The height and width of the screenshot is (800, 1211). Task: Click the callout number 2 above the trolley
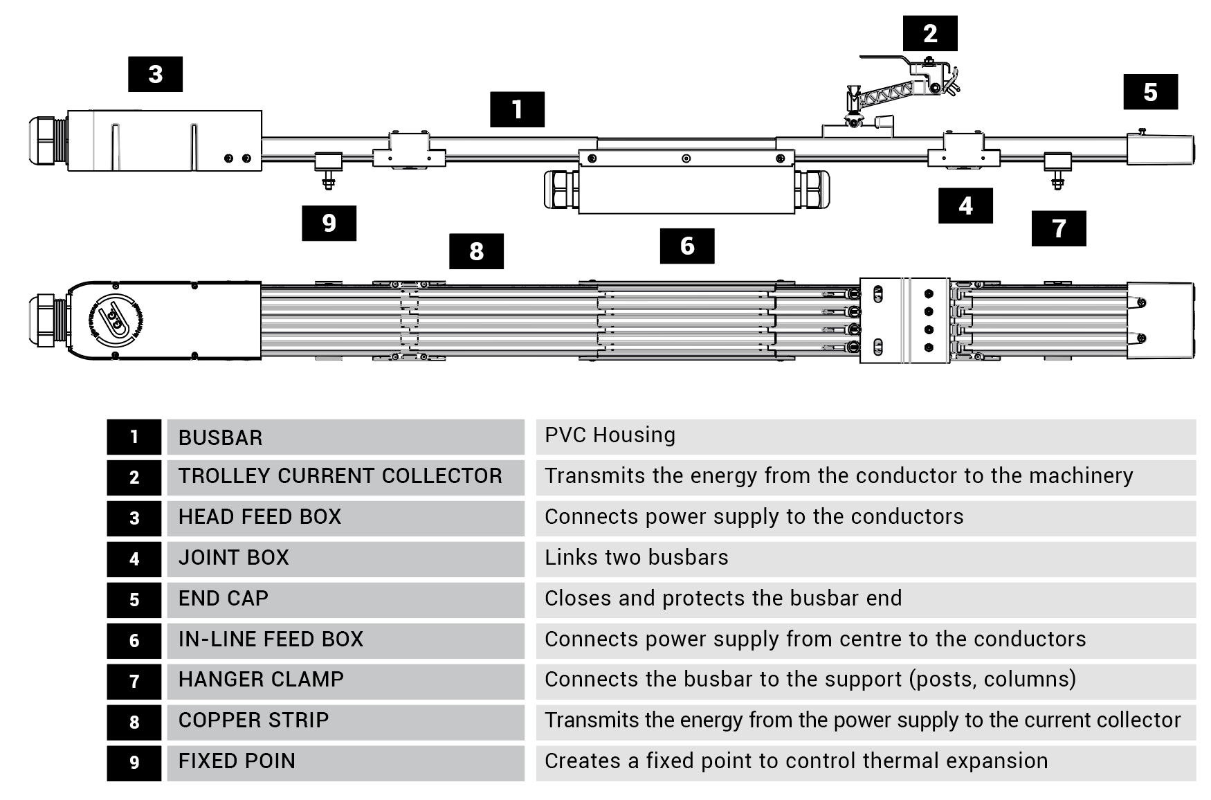[x=930, y=33]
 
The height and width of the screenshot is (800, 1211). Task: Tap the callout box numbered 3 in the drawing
[x=155, y=74]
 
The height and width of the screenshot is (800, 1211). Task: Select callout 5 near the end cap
[x=1150, y=92]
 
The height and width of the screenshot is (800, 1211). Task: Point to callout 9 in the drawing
[x=329, y=223]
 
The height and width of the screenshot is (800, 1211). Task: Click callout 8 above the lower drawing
[x=476, y=251]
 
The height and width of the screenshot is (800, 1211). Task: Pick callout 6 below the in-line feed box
[x=686, y=246]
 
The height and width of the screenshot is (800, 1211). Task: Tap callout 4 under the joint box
[x=965, y=206]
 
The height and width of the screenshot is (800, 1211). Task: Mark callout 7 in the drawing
[x=1059, y=228]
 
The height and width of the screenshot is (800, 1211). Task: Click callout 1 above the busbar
[x=517, y=109]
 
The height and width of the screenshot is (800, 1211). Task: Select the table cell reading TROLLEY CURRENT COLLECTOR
[x=340, y=476]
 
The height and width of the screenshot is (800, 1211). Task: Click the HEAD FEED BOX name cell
[x=259, y=517]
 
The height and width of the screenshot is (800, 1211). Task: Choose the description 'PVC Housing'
[x=610, y=435]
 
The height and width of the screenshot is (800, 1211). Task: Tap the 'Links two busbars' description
[x=636, y=558]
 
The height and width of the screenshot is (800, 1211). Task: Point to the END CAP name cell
[x=223, y=599]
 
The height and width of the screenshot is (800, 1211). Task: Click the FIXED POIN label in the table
[x=237, y=761]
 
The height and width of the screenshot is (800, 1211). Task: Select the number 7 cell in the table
[x=134, y=681]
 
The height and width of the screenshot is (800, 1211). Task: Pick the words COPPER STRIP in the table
[x=253, y=720]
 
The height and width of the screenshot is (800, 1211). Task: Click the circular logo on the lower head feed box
[x=115, y=320]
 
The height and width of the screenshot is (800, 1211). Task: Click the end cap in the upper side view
[x=1160, y=149]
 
